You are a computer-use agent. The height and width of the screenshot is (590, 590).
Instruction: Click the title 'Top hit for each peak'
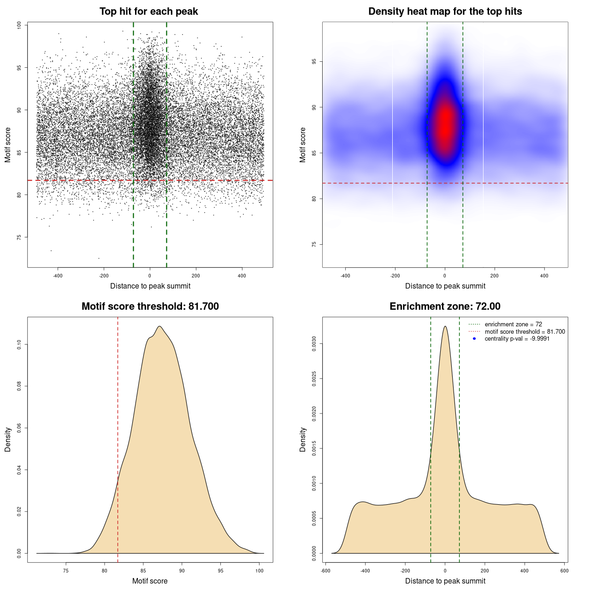[x=149, y=12]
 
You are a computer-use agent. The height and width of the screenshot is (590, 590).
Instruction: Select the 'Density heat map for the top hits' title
[x=445, y=12]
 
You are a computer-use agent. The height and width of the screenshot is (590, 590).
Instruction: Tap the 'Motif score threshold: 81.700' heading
[x=150, y=307]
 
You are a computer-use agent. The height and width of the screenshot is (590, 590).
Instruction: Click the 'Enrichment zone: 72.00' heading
[x=445, y=307]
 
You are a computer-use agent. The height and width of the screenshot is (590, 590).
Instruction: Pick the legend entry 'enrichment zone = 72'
[x=513, y=324]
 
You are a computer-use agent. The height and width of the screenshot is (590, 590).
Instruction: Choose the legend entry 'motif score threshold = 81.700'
[x=525, y=332]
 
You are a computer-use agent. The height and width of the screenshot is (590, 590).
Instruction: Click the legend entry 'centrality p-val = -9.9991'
[x=517, y=339]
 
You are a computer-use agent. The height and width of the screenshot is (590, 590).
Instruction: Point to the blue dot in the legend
[x=474, y=339]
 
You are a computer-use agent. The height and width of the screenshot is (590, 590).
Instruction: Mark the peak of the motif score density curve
[x=159, y=326]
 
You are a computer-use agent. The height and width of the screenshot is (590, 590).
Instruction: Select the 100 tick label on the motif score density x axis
[x=260, y=571]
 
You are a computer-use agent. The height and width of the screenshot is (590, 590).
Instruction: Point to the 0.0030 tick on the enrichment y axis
[x=314, y=344]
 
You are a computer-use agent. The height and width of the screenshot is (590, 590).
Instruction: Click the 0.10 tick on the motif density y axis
[x=19, y=344]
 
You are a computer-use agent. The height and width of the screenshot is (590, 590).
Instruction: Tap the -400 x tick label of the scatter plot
[x=58, y=276]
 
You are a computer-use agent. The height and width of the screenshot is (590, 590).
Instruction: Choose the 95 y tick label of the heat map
[x=314, y=62]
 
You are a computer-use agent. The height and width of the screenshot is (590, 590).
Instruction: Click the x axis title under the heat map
[x=445, y=286]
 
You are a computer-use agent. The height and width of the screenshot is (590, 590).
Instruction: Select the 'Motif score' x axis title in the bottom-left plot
[x=150, y=581]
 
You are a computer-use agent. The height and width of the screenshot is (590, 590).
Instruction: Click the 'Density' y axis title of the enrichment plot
[x=303, y=439]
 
